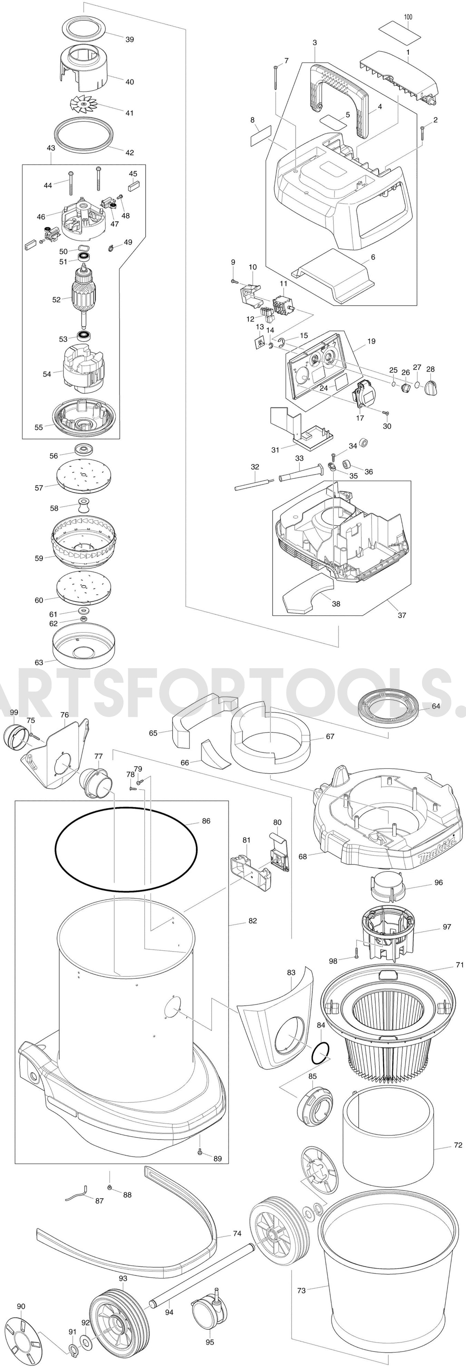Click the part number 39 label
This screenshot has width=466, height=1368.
[x=129, y=39]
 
